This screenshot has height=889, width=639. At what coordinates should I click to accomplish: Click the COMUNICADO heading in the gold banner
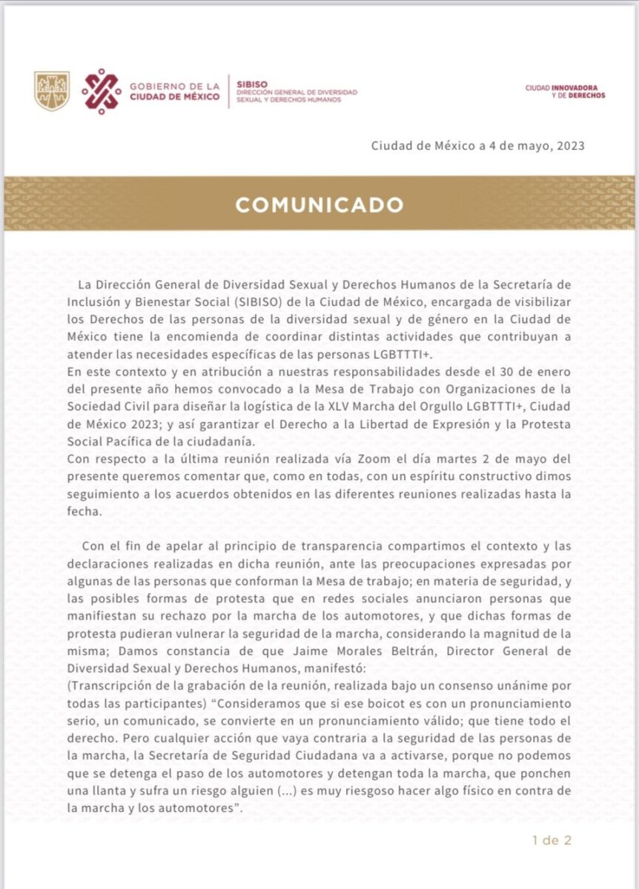pos(319,204)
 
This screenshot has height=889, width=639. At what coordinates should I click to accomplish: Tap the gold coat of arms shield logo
pos(52,91)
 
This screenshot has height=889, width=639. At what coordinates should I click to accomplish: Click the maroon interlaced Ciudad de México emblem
pos(102,90)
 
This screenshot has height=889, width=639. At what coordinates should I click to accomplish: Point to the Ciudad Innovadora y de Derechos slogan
pos(565,91)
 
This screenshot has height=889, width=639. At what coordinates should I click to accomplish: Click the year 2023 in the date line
pos(569,145)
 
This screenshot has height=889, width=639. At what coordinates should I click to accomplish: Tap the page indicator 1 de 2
pos(552,841)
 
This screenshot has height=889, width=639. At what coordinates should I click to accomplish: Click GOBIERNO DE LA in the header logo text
pos(174,85)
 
